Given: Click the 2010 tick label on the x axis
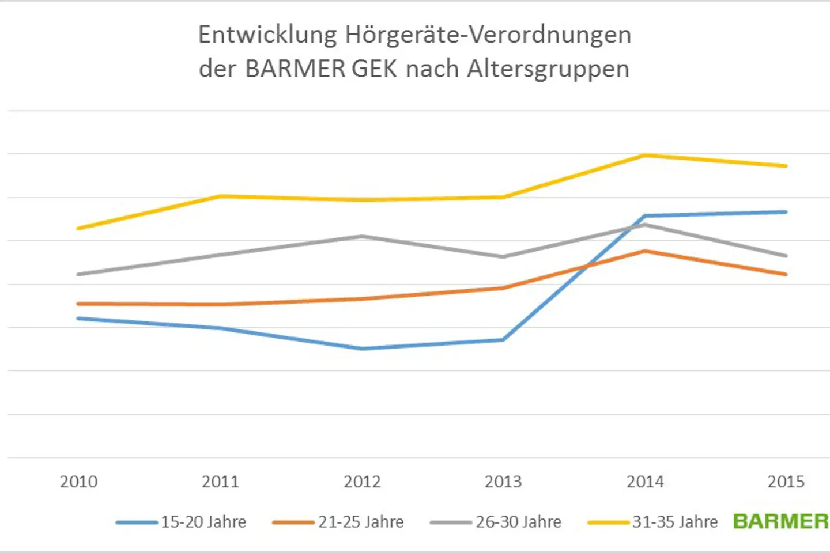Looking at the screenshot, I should pos(78,482).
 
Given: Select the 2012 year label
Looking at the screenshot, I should pos(362,482).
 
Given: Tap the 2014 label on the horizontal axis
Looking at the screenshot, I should pos(645,482).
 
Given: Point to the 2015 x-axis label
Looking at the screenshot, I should pos(786,482).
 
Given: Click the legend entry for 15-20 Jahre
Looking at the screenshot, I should pos(181,522).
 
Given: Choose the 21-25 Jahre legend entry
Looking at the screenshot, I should pos(338,522).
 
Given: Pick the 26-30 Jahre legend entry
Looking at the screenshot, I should pos(496,522).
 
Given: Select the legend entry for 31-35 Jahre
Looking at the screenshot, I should pos(653,522).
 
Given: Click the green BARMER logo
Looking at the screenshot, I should pos(780,521).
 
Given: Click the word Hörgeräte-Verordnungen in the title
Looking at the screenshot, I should pos(488,35).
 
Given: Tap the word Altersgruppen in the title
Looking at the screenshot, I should pos(548,69).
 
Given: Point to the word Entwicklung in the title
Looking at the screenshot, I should pos(267,35).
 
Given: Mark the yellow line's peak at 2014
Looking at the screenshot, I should pos(645,155).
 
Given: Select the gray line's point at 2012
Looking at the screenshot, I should pos(362,236).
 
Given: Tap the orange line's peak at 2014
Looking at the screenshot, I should pos(645,251).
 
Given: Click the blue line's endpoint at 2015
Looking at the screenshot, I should pos(786,212).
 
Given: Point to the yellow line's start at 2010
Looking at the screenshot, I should pos(78,229).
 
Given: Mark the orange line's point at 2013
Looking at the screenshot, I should pos(503,288).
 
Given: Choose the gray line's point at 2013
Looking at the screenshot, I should pos(503,257).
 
